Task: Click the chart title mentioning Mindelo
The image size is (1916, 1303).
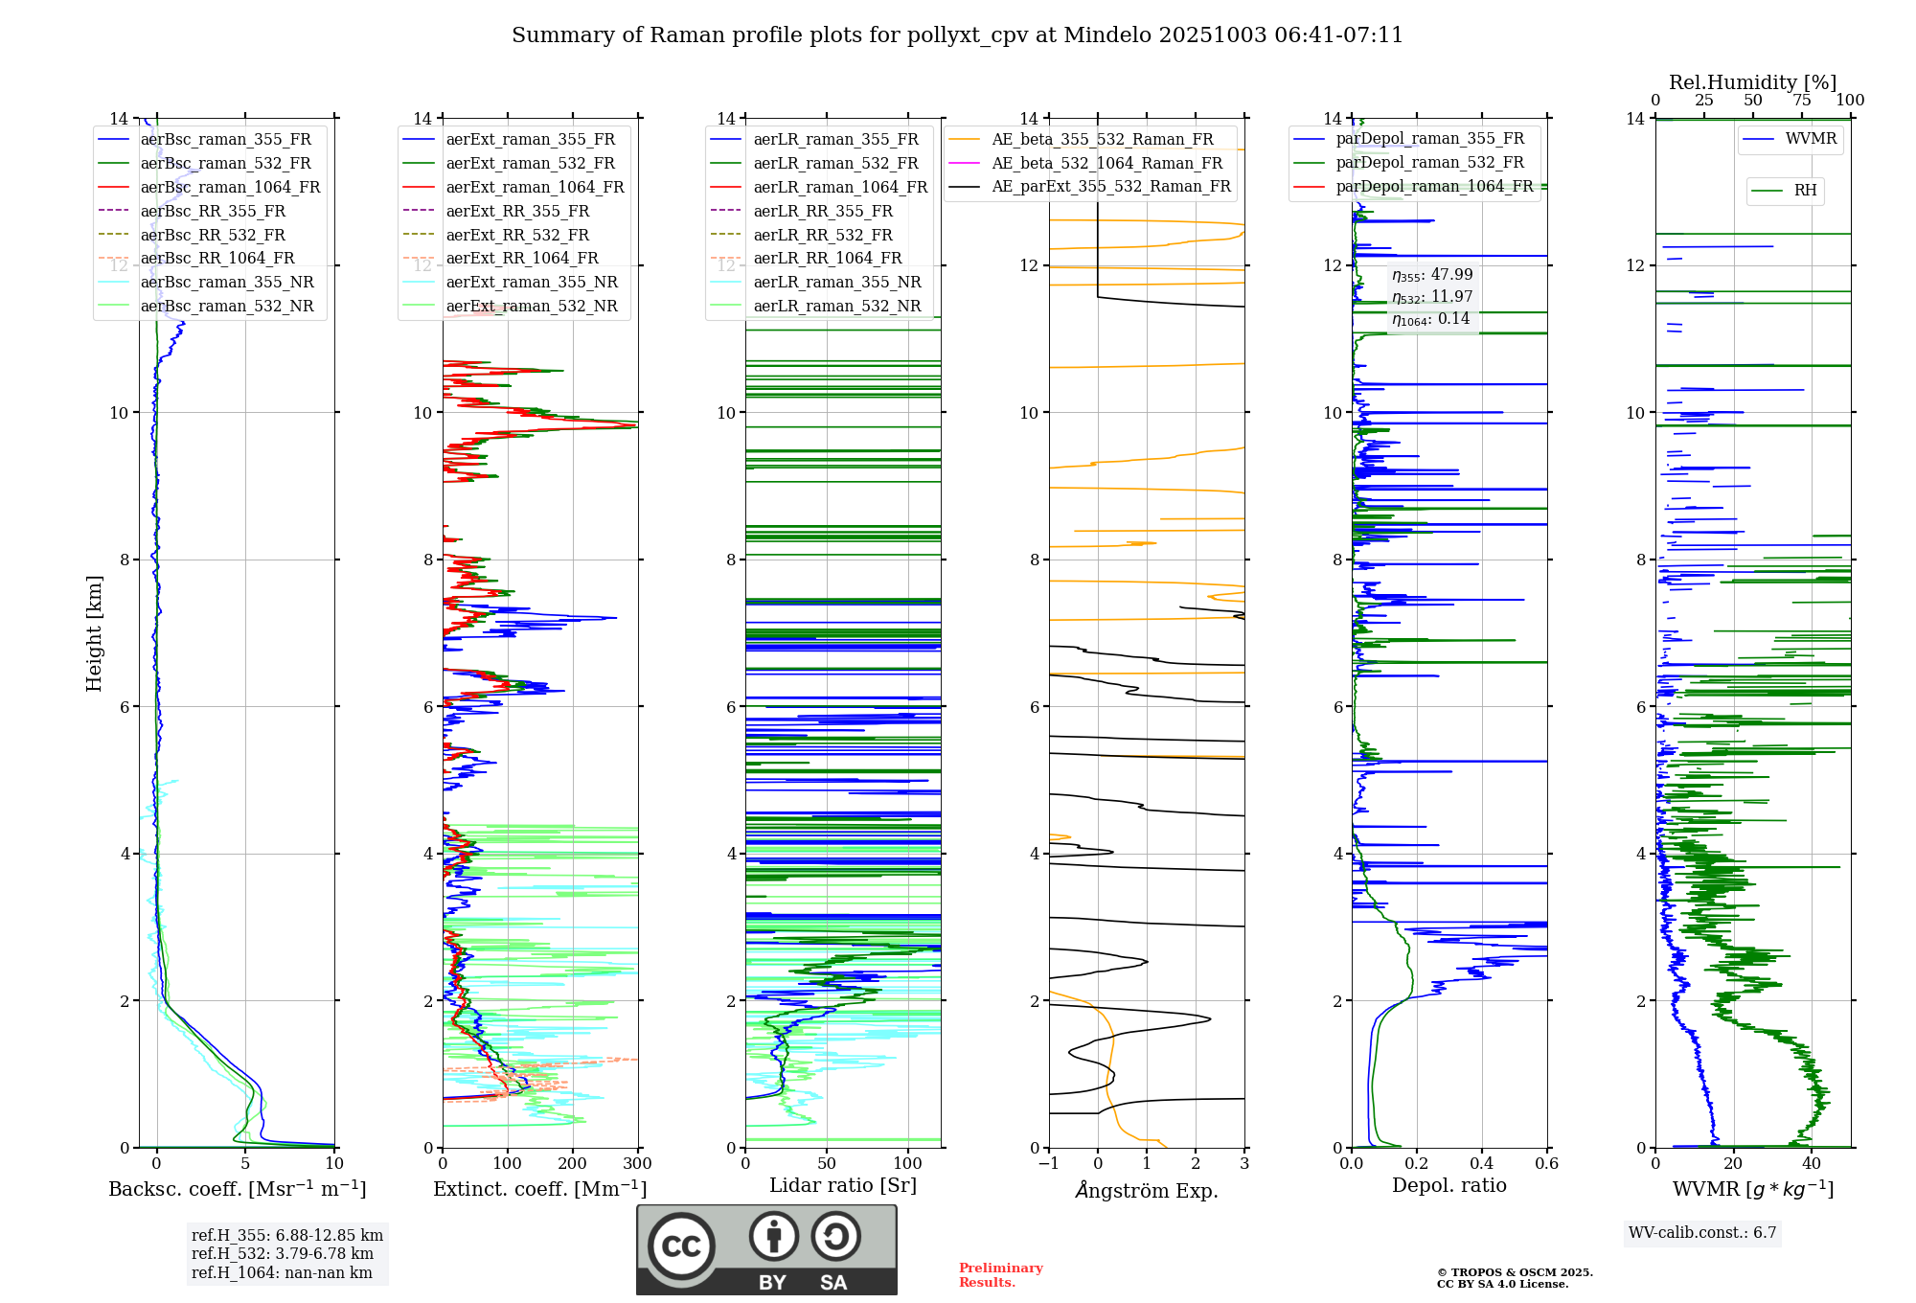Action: click(x=957, y=35)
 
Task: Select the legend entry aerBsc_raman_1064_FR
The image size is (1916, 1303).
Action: click(x=230, y=187)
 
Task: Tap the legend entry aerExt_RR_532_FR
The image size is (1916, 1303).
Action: click(x=517, y=235)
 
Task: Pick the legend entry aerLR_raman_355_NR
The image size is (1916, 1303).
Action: click(x=836, y=282)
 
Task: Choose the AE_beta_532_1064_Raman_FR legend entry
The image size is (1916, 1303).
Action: click(x=1106, y=163)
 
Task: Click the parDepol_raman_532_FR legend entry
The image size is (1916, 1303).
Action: click(x=1429, y=163)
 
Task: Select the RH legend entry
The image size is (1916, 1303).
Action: click(x=1805, y=191)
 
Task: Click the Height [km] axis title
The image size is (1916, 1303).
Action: click(x=94, y=632)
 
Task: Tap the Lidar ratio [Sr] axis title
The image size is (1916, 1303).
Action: click(x=843, y=1185)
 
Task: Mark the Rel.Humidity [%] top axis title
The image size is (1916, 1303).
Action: click(x=1752, y=82)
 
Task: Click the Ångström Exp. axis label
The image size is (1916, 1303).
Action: click(x=1147, y=1190)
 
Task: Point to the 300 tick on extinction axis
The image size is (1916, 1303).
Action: click(x=637, y=1164)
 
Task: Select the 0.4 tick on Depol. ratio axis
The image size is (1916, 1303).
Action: click(x=1481, y=1164)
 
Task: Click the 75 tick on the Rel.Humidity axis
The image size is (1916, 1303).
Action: click(x=1802, y=101)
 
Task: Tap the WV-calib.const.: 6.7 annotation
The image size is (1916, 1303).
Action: click(x=1702, y=1233)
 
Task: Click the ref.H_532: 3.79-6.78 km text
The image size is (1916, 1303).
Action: click(x=283, y=1254)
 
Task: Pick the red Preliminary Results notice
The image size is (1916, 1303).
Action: click(x=1000, y=1275)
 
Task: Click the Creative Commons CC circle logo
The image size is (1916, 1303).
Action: click(x=681, y=1246)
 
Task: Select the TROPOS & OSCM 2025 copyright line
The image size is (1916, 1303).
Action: click(x=1515, y=1272)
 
